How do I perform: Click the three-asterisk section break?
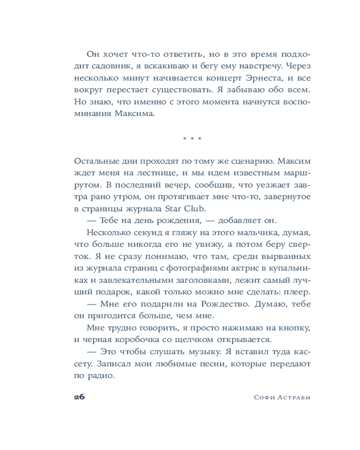pos(192,139)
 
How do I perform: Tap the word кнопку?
pos(294,327)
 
